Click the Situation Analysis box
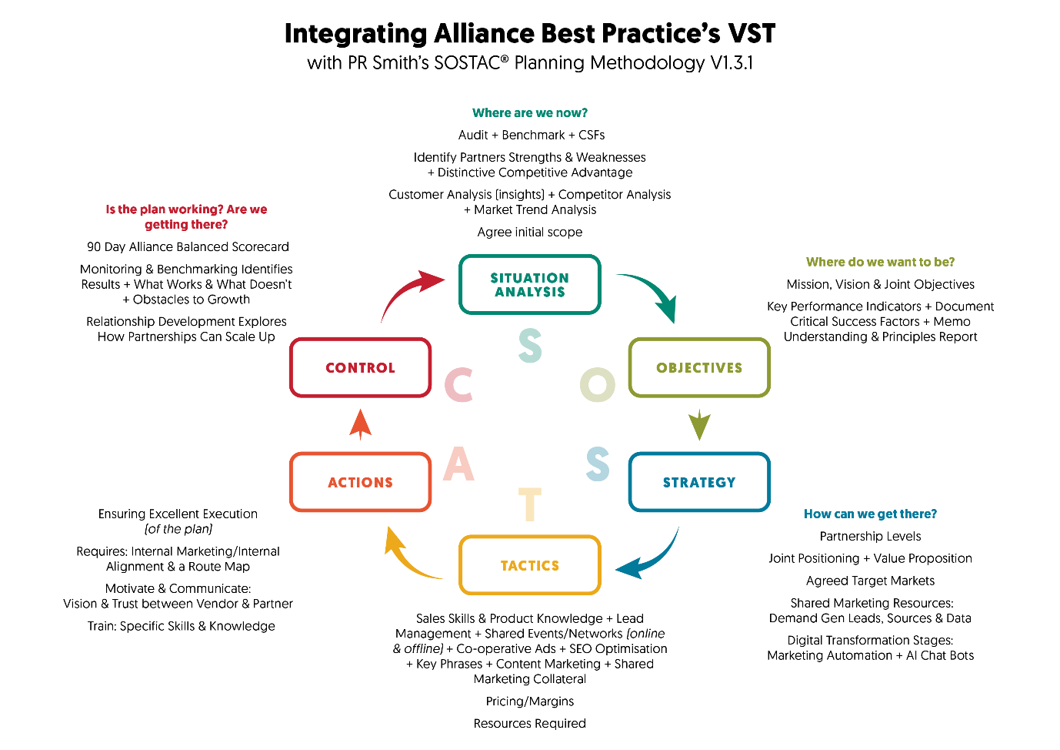click(x=529, y=284)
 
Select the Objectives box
click(x=699, y=367)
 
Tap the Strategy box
click(x=699, y=482)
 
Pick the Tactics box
click(x=529, y=565)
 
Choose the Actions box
click(x=360, y=482)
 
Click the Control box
click(x=360, y=367)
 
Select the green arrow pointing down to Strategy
click(x=699, y=424)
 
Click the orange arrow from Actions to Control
click(x=360, y=424)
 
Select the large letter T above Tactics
click(x=530, y=504)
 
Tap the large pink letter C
click(x=459, y=385)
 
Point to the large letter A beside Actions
click(x=459, y=464)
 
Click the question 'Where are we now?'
click(x=529, y=113)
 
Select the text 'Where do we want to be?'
click(x=880, y=262)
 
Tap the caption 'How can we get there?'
click(x=870, y=514)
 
